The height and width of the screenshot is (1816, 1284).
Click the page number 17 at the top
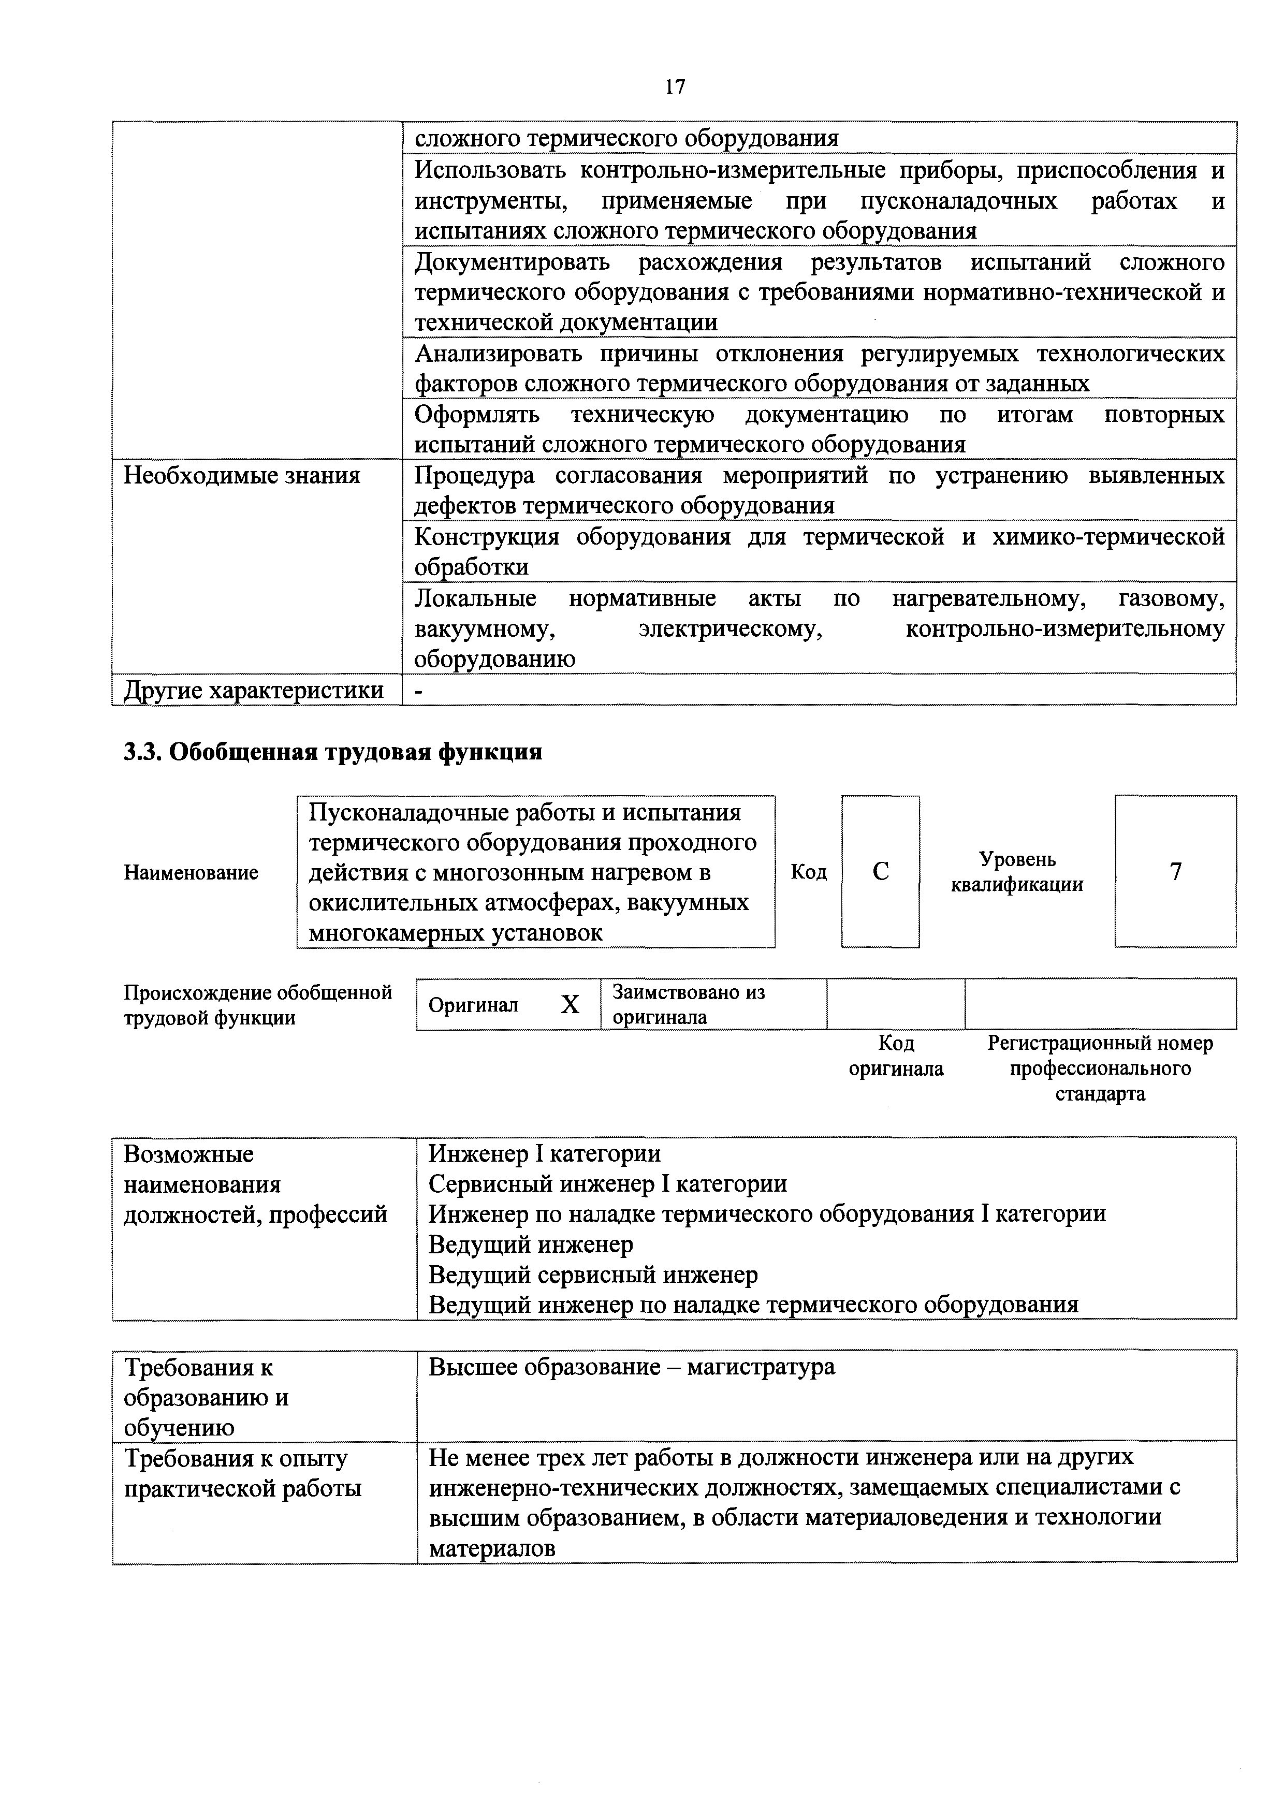tap(675, 87)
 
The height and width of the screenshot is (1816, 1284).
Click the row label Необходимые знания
tap(242, 476)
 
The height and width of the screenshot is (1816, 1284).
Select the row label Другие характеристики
tap(254, 691)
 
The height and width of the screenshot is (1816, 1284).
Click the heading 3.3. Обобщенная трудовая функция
tap(333, 751)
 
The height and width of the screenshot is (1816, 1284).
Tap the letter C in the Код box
tap(881, 872)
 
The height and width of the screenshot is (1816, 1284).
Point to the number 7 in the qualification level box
tap(1176, 872)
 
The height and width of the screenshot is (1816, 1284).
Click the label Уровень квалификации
tap(1017, 872)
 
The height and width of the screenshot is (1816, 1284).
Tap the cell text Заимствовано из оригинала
tap(688, 1004)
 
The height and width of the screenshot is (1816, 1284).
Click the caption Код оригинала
tap(896, 1057)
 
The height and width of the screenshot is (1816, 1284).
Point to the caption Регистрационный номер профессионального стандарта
tap(1100, 1068)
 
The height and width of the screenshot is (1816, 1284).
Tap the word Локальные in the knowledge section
tap(475, 599)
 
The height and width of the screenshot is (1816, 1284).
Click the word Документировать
tap(513, 262)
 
